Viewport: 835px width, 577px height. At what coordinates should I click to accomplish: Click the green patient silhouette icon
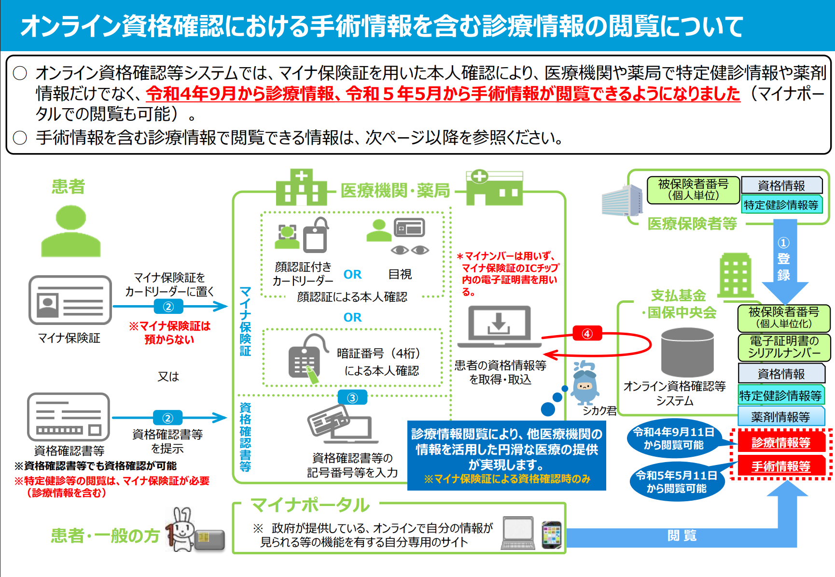coord(71,231)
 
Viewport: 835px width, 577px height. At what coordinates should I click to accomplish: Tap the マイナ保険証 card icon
coord(70,300)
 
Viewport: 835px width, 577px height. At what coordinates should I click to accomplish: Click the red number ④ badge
coord(587,334)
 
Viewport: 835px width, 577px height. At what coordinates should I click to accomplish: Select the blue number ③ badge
coord(352,398)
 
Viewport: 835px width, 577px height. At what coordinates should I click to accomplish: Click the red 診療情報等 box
coord(781,442)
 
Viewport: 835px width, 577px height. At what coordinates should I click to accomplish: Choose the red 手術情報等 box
coord(781,466)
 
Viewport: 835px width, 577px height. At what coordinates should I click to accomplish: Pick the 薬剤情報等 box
coord(780,417)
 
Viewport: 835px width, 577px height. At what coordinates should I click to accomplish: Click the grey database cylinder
coord(687,352)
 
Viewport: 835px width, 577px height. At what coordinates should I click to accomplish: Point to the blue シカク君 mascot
coord(584,383)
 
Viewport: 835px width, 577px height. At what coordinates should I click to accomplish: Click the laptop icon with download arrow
coord(499,326)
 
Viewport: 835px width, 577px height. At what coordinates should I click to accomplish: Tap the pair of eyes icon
coord(410,250)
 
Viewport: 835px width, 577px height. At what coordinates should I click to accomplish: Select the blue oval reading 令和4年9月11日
coord(674,438)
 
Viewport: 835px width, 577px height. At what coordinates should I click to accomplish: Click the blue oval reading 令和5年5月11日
coord(677,481)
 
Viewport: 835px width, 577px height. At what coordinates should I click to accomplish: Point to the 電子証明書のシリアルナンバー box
coord(784,347)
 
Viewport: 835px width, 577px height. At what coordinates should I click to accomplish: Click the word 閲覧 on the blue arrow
coord(682,535)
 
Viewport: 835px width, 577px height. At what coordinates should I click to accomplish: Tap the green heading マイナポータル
coord(310,505)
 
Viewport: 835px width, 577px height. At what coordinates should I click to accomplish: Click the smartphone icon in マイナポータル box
coord(552,535)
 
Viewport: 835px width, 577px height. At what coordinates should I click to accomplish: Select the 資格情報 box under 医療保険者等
coord(781,185)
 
